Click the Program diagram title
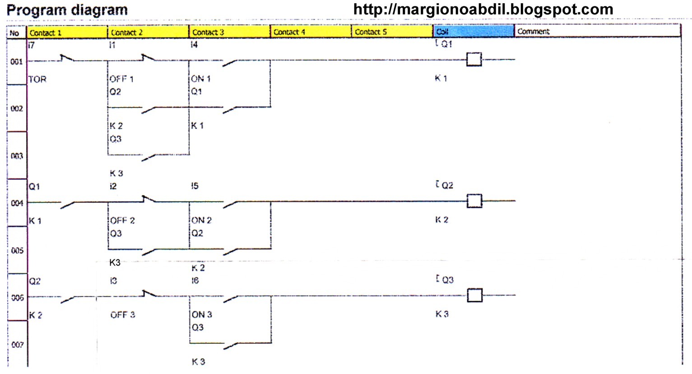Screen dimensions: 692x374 pyautogui.click(x=67, y=10)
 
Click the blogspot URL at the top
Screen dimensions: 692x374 pyautogui.click(x=483, y=9)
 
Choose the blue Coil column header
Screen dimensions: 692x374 pyautogui.click(x=473, y=32)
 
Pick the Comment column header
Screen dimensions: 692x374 pyautogui.click(x=533, y=32)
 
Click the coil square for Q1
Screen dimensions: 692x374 pyautogui.click(x=474, y=60)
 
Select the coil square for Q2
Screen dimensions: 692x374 pyautogui.click(x=474, y=201)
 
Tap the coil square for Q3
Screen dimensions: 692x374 pyautogui.click(x=474, y=295)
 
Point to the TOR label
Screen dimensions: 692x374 pyautogui.click(x=37, y=79)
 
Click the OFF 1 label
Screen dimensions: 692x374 pyautogui.click(x=121, y=79)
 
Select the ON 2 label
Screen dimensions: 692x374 pyautogui.click(x=201, y=220)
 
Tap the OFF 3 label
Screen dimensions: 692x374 pyautogui.click(x=123, y=315)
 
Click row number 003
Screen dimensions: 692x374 pyautogui.click(x=17, y=156)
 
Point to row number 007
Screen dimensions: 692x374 pyautogui.click(x=17, y=345)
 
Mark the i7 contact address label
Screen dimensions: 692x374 pyautogui.click(x=31, y=45)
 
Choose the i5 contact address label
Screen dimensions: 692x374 pyautogui.click(x=195, y=186)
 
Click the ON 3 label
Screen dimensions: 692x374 pyautogui.click(x=202, y=314)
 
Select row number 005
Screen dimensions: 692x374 pyautogui.click(x=17, y=250)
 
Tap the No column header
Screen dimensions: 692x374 pyautogui.click(x=14, y=33)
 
